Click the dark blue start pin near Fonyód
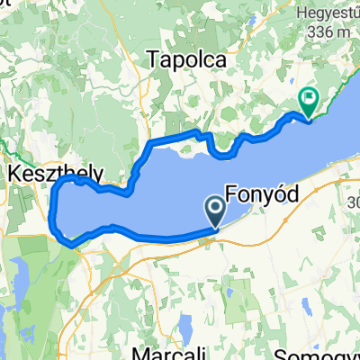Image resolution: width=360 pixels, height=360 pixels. pos(217,212)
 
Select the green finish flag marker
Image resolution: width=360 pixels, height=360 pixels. pos(308,103)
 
